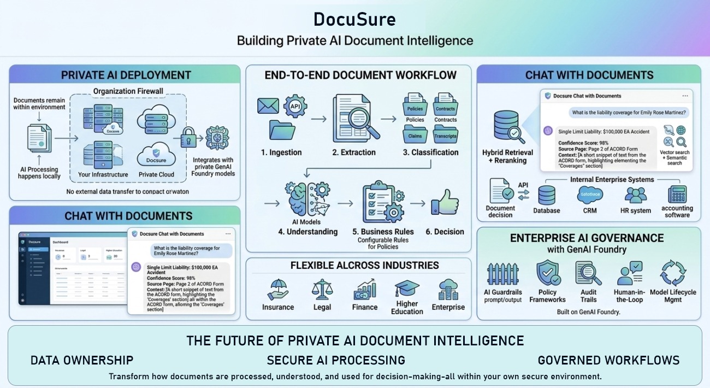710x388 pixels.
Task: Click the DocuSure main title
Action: click(354, 20)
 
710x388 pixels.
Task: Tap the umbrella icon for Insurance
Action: click(279, 289)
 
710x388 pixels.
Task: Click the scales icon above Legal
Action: click(322, 289)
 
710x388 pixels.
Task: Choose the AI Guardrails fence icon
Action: click(502, 275)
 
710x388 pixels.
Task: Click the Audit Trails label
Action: click(589, 296)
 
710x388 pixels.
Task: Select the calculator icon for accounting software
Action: click(677, 195)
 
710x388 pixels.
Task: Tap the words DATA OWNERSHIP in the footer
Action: click(82, 360)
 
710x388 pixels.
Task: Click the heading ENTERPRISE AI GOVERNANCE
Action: click(587, 238)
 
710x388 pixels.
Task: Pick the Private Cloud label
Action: click(156, 175)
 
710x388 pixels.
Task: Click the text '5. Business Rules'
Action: click(383, 232)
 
